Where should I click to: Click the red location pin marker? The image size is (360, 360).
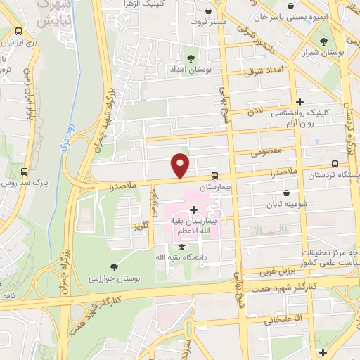[181, 165]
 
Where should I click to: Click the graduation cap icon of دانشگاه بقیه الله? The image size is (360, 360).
[181, 247]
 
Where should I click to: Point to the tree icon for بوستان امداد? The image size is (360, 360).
[191, 58]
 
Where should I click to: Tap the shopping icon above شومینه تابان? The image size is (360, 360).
[286, 193]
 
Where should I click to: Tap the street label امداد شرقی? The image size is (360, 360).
[262, 71]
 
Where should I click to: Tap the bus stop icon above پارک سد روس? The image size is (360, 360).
[25, 172]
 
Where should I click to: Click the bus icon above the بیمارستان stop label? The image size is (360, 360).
[214, 176]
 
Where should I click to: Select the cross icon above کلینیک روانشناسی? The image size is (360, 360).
[300, 102]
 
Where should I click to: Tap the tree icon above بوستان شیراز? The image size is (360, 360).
[323, 41]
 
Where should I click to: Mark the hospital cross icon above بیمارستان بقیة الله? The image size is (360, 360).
[194, 209]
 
